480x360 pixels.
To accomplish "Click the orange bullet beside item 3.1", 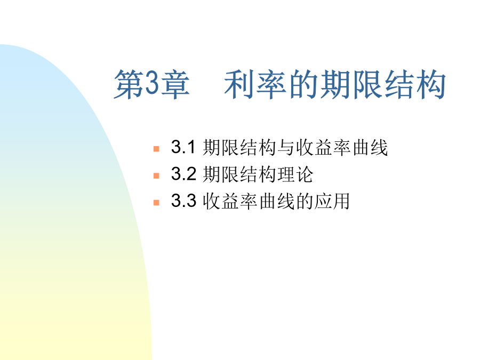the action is pos(156,149).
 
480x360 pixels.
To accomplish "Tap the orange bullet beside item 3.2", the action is pos(156,175).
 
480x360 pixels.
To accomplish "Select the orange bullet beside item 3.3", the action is pos(156,203).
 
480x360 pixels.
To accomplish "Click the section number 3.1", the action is pos(183,147).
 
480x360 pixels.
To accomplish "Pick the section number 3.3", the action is pos(183,201).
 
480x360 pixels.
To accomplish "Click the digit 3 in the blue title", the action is pos(153,83).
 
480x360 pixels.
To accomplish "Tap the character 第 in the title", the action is pos(130,84).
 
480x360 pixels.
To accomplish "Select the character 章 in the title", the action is pos(175,84).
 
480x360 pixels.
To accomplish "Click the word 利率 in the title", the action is pos(255,84).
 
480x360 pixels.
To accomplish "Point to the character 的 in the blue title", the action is pos(303,84).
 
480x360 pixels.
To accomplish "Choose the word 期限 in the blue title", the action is pos(351,84).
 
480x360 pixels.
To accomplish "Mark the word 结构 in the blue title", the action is pos(415,84).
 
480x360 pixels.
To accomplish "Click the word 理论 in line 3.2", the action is pos(295,174).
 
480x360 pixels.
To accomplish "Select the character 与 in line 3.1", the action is pos(286,148).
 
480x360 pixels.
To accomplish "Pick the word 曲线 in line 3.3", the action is pos(277,201).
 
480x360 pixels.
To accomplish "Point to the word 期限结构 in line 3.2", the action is pos(239,174).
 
